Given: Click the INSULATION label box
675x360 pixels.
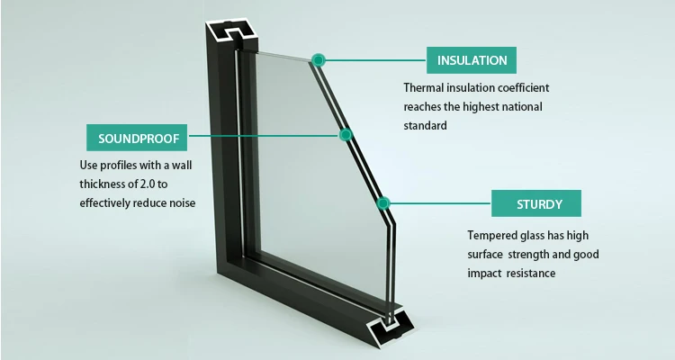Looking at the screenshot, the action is click(x=472, y=61).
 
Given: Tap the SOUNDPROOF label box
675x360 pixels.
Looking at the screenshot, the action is click(x=138, y=139).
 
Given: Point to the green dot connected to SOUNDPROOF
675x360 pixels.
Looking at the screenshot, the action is click(x=344, y=136).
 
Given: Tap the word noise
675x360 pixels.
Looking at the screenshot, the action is click(x=181, y=202).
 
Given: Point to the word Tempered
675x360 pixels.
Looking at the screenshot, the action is click(x=484, y=235).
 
